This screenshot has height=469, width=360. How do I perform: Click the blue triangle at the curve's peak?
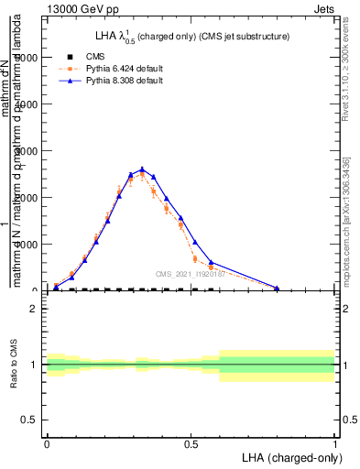(142, 169)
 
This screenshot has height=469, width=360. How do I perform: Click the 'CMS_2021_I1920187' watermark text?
(191, 274)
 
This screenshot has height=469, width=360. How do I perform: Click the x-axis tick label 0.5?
(191, 442)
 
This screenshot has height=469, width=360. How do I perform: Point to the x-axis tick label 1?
(334, 442)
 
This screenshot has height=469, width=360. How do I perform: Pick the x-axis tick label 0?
(47, 442)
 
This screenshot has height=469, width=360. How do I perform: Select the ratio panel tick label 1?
(35, 365)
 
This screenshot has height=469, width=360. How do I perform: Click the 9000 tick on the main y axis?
(26, 58)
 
